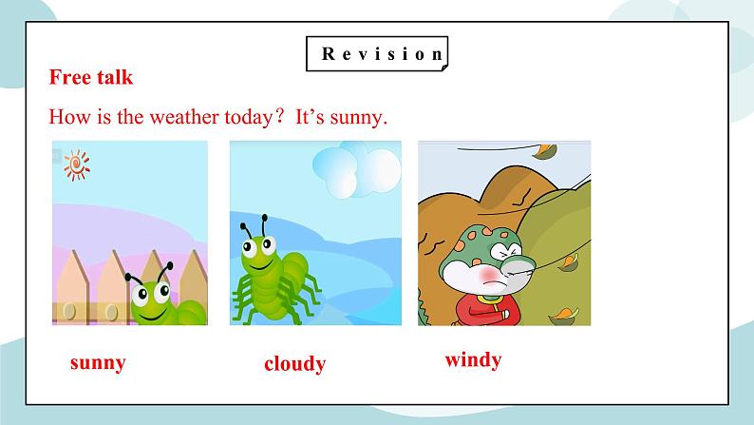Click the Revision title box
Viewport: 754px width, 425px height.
tap(378, 54)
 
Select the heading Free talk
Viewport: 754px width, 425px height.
tap(91, 77)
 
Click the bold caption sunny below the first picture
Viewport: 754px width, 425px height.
tap(98, 362)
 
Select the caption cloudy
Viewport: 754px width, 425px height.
tap(294, 364)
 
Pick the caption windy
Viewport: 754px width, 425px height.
tap(473, 360)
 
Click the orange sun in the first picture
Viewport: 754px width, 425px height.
tap(76, 165)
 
